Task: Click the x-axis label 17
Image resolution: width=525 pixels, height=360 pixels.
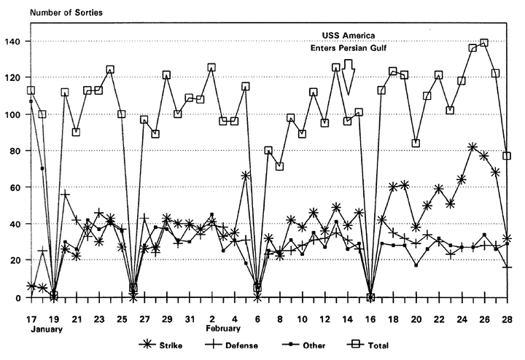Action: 31,319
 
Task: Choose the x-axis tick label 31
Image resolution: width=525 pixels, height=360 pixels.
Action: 190,319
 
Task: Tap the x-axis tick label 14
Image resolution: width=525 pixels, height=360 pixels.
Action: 348,319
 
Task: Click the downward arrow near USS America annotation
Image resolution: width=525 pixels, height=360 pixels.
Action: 349,76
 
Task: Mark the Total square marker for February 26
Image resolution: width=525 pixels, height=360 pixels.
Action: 484,43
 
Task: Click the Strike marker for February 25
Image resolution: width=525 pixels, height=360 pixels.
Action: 472,148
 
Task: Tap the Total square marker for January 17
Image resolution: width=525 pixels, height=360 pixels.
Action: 31,90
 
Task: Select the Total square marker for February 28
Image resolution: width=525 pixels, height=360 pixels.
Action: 507,156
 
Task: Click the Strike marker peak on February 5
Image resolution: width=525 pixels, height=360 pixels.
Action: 246,176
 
